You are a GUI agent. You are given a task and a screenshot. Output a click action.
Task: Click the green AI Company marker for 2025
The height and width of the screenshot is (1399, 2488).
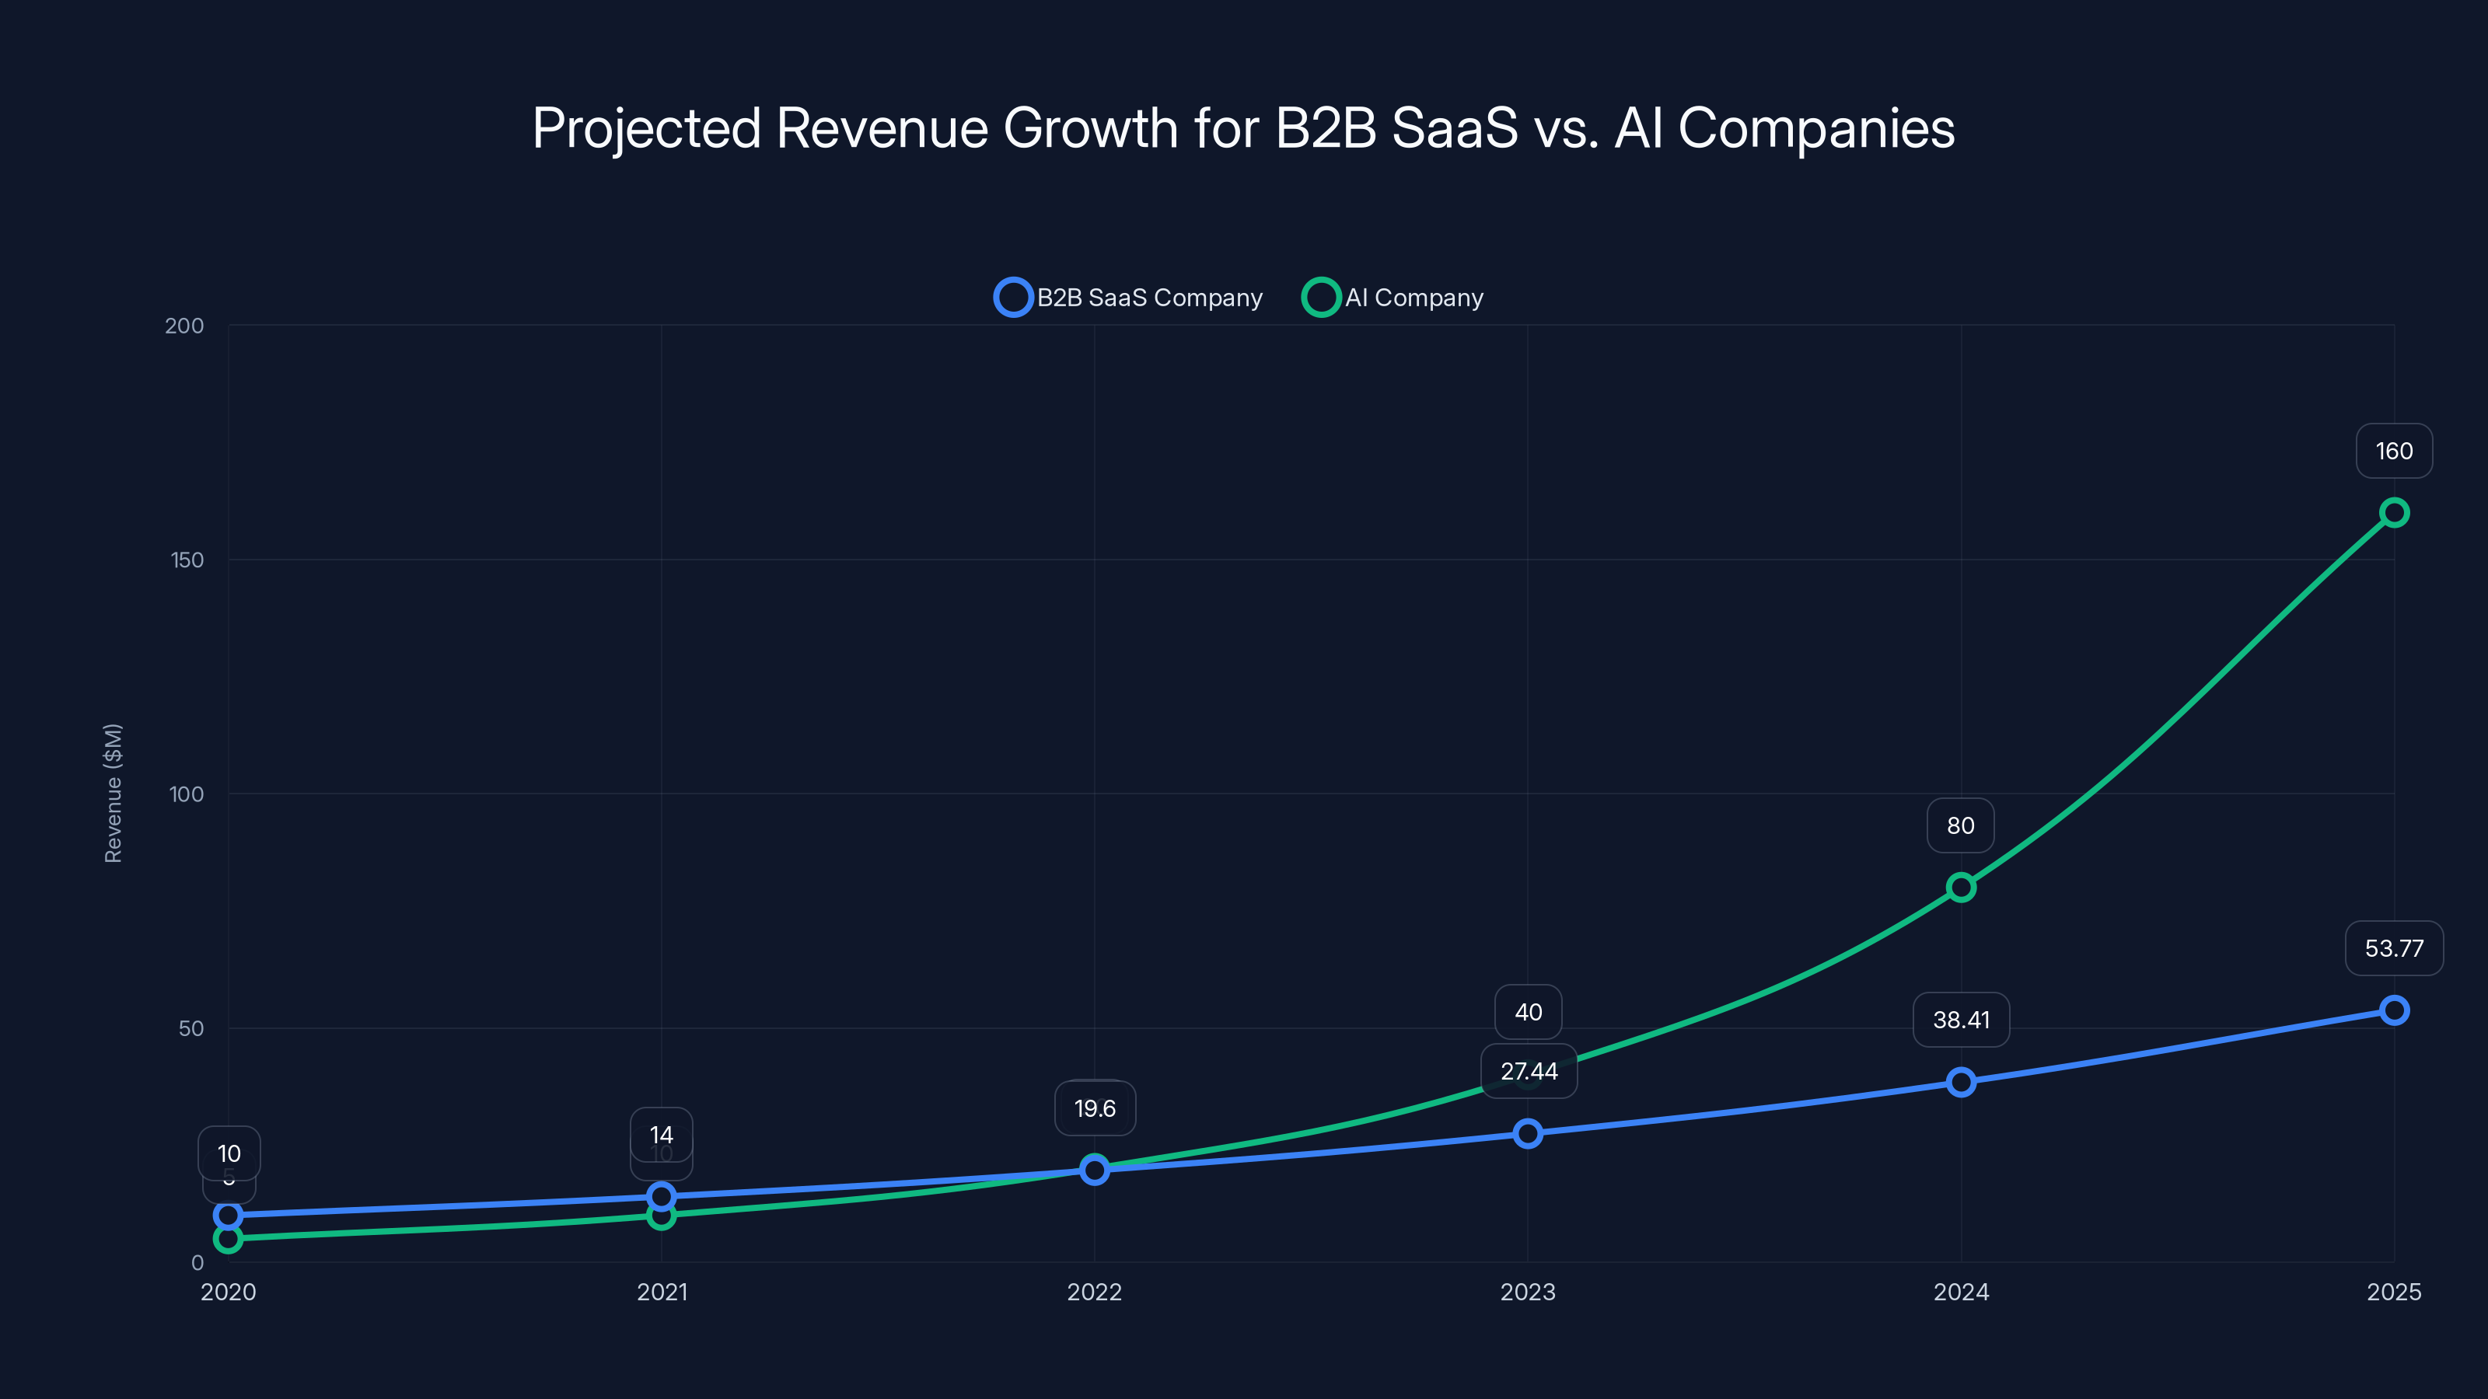coord(2393,513)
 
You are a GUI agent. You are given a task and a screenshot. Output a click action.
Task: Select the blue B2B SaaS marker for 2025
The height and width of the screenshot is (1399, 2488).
coord(2393,1011)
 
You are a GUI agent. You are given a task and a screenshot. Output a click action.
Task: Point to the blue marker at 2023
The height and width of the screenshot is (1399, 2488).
coord(1528,1133)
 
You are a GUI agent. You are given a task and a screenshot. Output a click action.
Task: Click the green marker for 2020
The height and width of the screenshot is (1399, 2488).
coord(228,1239)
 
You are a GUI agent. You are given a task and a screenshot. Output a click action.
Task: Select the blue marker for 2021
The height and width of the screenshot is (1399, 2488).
coord(662,1197)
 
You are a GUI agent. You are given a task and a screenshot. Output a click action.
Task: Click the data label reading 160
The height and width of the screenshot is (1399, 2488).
coord(2393,451)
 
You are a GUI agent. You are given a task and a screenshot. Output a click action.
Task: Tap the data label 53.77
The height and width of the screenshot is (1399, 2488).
coord(2393,948)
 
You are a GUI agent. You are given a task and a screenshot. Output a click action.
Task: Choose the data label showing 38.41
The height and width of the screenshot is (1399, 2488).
coord(1961,1020)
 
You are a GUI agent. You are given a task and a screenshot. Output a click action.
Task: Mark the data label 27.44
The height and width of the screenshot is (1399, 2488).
coord(1528,1072)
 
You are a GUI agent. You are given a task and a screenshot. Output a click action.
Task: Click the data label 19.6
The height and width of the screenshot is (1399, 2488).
coord(1094,1108)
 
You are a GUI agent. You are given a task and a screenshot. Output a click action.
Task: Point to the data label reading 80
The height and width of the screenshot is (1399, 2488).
coord(1959,825)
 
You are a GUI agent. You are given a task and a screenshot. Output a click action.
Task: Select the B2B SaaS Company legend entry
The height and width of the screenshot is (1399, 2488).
coord(1130,298)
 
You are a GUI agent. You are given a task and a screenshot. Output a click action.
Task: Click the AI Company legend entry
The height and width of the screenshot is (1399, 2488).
coord(1395,298)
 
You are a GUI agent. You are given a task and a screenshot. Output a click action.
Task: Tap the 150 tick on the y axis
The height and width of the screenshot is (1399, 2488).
coord(187,560)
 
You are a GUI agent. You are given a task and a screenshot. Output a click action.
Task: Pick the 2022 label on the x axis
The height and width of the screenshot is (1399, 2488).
coord(1094,1292)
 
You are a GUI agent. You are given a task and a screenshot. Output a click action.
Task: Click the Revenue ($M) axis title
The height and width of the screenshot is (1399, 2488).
coord(113,793)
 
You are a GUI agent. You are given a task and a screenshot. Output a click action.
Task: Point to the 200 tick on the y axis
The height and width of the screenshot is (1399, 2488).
coord(183,326)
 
